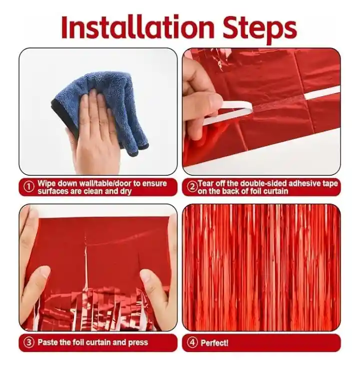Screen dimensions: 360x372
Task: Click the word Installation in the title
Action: point(137,27)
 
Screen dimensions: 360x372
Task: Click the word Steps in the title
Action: point(259,30)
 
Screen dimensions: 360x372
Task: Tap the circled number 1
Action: point(28,187)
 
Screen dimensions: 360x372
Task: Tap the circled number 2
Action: point(191,187)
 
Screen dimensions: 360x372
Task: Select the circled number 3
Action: point(28,342)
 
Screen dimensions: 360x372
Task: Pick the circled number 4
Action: point(192,342)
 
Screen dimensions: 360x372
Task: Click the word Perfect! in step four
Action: point(214,343)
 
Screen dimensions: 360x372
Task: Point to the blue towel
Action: point(102,107)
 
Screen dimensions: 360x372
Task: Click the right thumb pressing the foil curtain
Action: point(154,285)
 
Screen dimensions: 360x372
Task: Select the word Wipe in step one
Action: point(46,183)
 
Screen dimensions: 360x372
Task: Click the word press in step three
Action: point(138,343)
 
